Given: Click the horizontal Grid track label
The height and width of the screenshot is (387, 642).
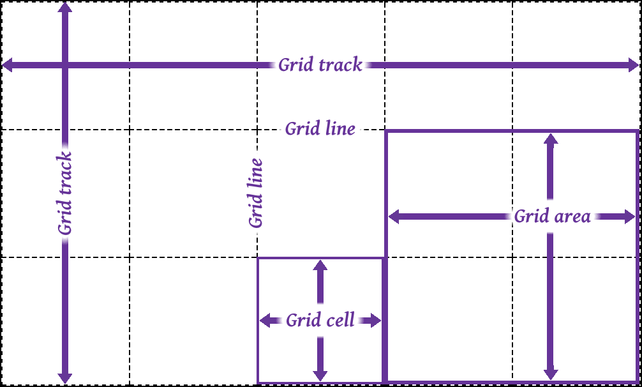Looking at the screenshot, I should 320,65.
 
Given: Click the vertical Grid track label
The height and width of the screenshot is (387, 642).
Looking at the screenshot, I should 65,193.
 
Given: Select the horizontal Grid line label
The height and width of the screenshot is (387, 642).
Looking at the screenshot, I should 320,129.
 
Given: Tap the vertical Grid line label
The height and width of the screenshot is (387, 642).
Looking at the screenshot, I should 256,193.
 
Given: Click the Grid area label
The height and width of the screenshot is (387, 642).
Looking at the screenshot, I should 552,217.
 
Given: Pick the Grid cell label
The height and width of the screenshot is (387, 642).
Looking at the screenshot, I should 320,320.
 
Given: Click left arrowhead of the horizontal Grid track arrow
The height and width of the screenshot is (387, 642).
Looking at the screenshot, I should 8,65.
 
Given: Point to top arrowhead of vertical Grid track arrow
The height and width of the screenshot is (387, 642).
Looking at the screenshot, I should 64,8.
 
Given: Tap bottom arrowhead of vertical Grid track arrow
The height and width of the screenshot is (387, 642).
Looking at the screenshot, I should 64,377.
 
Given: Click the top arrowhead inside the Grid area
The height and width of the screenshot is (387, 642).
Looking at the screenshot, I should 551,138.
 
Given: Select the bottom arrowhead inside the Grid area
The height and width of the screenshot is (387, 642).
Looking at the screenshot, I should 551,374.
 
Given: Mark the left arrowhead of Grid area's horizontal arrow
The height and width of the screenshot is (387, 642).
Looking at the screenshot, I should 394,216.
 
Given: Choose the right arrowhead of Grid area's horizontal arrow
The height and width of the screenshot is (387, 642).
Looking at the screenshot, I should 631,216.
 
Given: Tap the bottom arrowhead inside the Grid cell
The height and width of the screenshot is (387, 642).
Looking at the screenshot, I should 320,376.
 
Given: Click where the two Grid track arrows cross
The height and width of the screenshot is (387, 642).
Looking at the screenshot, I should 64,65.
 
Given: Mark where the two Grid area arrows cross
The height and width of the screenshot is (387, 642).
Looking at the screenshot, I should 551,216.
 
